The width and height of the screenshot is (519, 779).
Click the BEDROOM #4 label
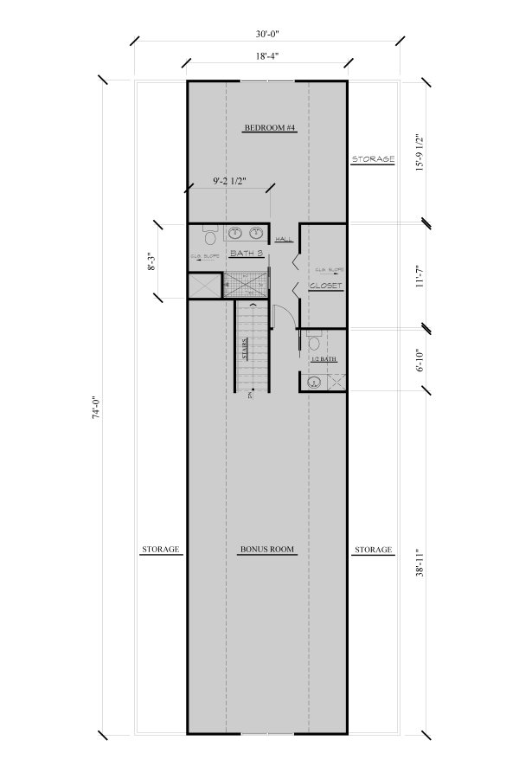270,128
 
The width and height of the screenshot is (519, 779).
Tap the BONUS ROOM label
268,550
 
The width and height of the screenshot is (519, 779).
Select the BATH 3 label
246,253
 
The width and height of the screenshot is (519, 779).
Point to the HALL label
284,240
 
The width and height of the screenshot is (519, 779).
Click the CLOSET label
325,285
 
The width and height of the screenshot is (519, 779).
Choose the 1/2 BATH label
323,358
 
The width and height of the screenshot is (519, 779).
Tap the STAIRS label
245,349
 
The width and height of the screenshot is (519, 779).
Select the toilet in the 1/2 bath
312,344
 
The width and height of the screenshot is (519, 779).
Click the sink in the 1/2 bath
313,381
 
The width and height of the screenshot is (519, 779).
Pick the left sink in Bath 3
234,232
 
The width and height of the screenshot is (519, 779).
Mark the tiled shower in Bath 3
247,284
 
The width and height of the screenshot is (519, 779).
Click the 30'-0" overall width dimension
267,35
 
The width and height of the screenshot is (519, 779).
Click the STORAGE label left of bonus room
160,550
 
